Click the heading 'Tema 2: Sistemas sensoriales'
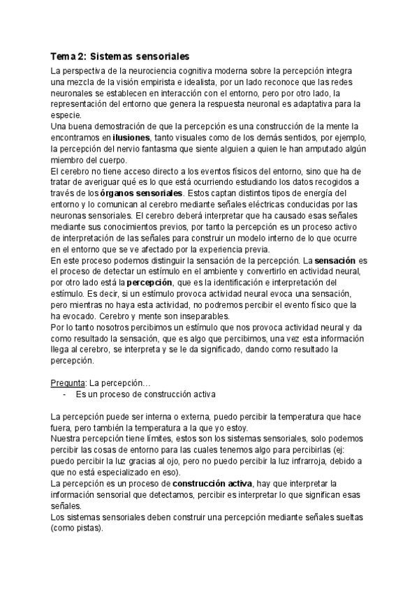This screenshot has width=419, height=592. coord(121,55)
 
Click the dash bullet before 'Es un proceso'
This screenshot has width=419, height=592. coord(65,394)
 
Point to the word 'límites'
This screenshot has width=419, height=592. coord(127,438)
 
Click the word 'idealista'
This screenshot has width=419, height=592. coord(207,82)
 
